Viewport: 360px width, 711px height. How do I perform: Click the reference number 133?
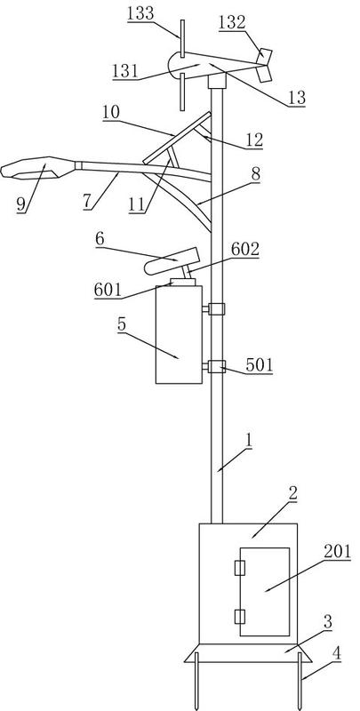[140, 13]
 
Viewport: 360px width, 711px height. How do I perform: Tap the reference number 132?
[232, 23]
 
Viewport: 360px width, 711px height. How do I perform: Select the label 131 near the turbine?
[125, 71]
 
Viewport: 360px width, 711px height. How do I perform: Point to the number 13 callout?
[297, 98]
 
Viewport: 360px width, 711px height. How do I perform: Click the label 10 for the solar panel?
[111, 113]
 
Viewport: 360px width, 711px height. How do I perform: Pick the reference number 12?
[254, 140]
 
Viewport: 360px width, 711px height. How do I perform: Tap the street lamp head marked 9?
[38, 167]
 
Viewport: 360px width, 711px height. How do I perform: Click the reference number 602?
[244, 249]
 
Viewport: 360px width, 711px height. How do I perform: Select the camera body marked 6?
[172, 261]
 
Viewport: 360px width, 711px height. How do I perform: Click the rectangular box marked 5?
[179, 334]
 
